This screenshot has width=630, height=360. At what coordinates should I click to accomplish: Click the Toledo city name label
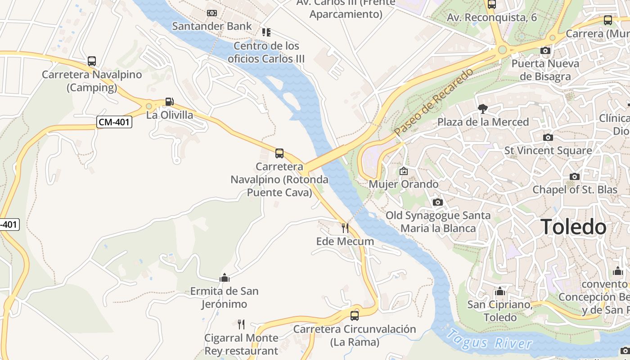pos(573,227)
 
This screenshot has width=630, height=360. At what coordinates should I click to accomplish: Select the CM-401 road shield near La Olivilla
pos(114,121)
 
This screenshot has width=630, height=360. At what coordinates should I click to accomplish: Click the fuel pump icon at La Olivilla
pos(169,102)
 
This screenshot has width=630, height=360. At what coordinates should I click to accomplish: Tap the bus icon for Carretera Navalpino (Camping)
pos(92,61)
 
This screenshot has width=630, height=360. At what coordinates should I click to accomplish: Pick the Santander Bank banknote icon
pos(212,13)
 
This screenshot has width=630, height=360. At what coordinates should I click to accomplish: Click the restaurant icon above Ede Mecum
pos(345,228)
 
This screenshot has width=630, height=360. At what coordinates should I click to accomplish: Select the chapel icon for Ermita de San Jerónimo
pos(225,278)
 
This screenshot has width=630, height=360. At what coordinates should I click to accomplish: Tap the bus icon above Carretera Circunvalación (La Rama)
pos(355,315)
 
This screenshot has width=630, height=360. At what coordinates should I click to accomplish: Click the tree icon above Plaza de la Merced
pos(483,108)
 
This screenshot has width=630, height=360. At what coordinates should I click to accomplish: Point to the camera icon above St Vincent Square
pos(548,137)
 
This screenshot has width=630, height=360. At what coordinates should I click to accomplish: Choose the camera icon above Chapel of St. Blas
pos(574,176)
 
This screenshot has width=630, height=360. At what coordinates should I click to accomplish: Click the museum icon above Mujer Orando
pos(404,171)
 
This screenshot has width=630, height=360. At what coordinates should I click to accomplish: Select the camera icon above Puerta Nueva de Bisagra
pos(545,50)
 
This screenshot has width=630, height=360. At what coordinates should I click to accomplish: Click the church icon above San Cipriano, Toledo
pos(499,291)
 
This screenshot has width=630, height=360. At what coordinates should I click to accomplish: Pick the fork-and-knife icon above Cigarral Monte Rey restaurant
pos(241,324)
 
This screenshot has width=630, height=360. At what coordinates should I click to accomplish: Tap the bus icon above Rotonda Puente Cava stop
pos(279,153)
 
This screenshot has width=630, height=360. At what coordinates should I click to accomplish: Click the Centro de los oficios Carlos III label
pos(266,52)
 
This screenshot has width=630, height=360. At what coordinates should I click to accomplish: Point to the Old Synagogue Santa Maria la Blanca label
pos(438,222)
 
